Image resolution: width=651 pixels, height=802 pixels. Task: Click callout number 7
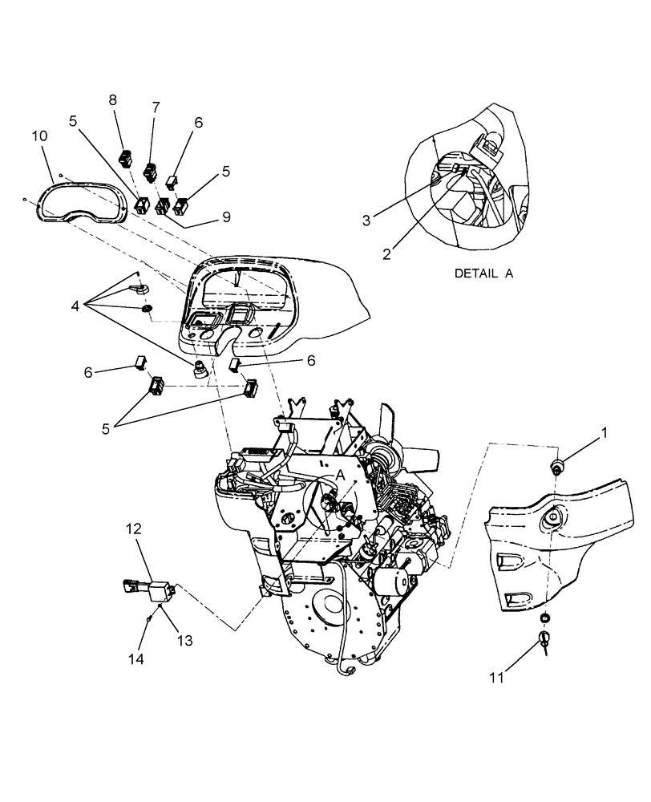click(156, 107)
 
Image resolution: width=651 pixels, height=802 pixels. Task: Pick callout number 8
click(113, 100)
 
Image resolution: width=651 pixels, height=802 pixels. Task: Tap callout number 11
click(496, 678)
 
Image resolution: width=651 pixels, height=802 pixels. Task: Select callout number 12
click(134, 529)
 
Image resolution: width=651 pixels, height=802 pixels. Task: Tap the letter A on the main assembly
click(340, 475)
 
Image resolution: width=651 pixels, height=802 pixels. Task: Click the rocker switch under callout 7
click(149, 171)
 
